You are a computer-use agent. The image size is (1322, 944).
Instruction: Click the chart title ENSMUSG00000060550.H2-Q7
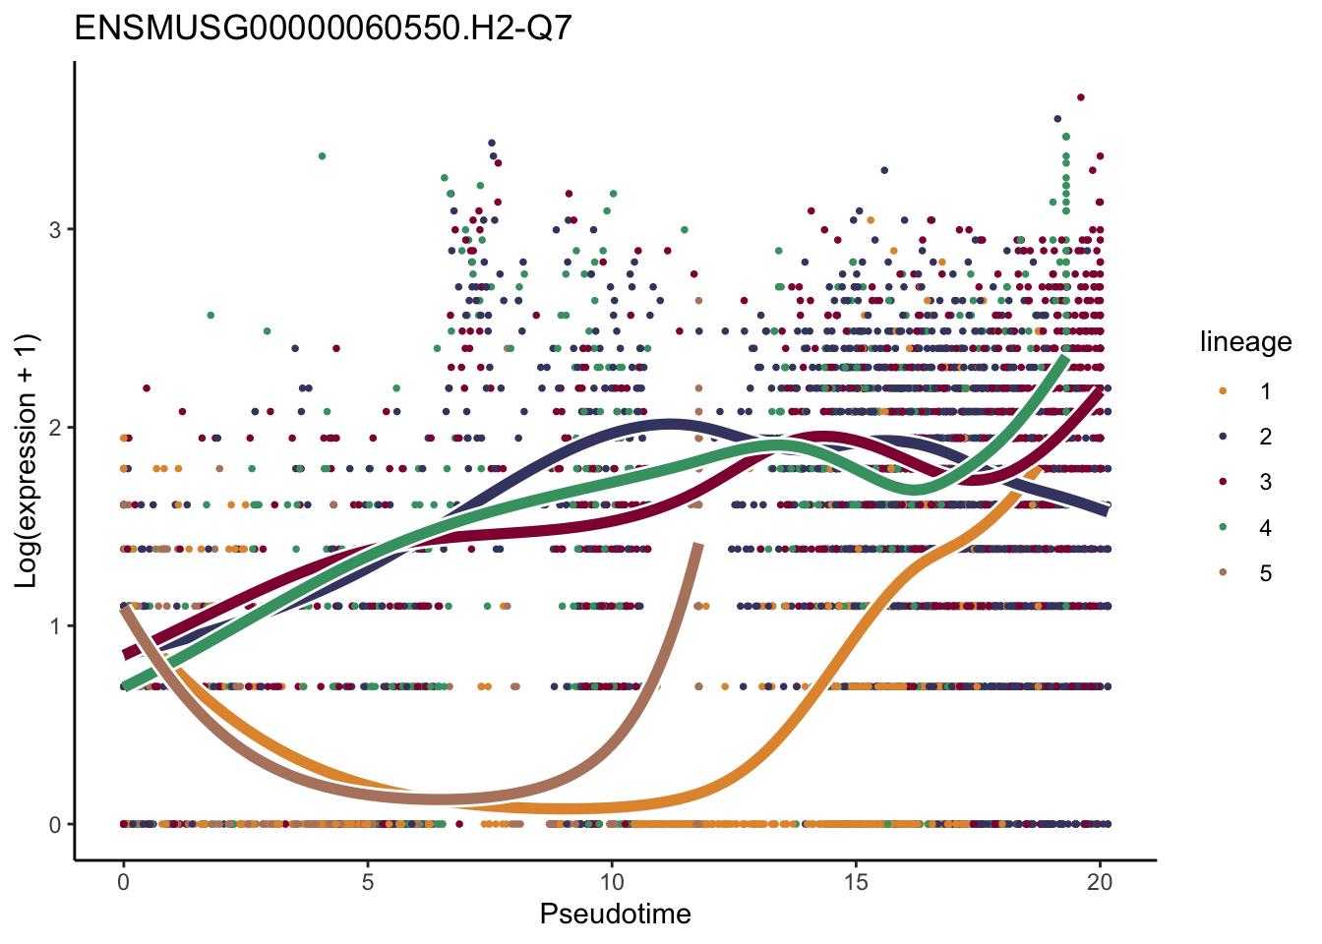click(x=323, y=28)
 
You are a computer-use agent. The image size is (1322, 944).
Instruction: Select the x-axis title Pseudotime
click(x=615, y=914)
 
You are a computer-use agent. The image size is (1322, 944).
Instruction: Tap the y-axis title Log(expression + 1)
click(x=27, y=461)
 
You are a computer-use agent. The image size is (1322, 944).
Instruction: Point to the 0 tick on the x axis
click(x=123, y=882)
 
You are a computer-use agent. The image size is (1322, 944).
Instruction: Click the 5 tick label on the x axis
click(x=367, y=882)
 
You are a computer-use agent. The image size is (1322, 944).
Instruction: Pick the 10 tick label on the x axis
click(x=611, y=882)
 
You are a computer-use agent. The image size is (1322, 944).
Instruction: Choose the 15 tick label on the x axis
click(x=856, y=882)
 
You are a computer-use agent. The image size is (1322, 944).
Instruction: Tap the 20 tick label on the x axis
click(x=1100, y=882)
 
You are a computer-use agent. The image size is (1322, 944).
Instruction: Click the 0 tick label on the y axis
click(x=56, y=824)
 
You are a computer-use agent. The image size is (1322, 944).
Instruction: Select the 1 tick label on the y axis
click(x=56, y=625)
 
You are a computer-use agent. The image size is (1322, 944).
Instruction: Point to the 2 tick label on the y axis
click(x=56, y=428)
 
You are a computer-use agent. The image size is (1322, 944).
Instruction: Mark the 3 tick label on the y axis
click(x=56, y=229)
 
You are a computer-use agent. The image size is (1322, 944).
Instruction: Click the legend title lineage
click(x=1245, y=342)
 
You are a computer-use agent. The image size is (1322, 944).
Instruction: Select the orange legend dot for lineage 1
click(x=1223, y=391)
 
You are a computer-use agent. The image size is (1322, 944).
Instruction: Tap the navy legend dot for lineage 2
click(x=1223, y=437)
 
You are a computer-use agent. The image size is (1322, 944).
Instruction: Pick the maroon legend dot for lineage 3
click(x=1223, y=482)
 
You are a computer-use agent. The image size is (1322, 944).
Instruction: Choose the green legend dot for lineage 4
click(x=1223, y=528)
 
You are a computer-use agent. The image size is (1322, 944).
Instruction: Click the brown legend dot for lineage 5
click(x=1223, y=573)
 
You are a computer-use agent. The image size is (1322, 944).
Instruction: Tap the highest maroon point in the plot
click(x=1080, y=97)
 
